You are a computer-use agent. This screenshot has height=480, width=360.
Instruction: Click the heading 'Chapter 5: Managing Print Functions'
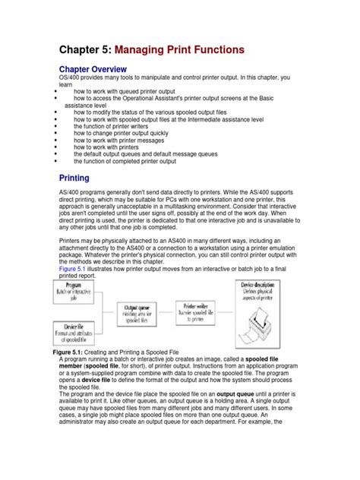[x=152, y=50]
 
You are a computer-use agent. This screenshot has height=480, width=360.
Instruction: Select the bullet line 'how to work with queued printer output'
[x=134, y=91]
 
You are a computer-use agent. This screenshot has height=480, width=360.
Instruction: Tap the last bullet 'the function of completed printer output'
[x=125, y=162]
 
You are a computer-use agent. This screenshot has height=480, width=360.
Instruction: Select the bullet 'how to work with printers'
[x=112, y=147]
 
